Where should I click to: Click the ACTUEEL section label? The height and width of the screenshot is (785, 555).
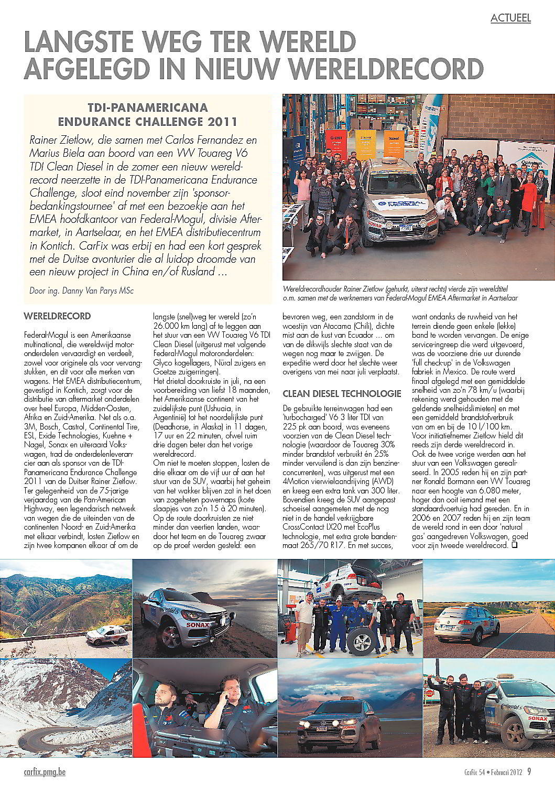(510, 18)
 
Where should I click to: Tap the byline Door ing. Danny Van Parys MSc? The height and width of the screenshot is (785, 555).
(81, 290)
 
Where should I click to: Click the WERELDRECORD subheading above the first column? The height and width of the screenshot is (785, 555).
(57, 316)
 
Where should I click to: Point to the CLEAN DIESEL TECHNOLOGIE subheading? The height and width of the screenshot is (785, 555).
(342, 393)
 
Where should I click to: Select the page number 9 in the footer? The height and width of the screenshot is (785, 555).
(529, 771)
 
